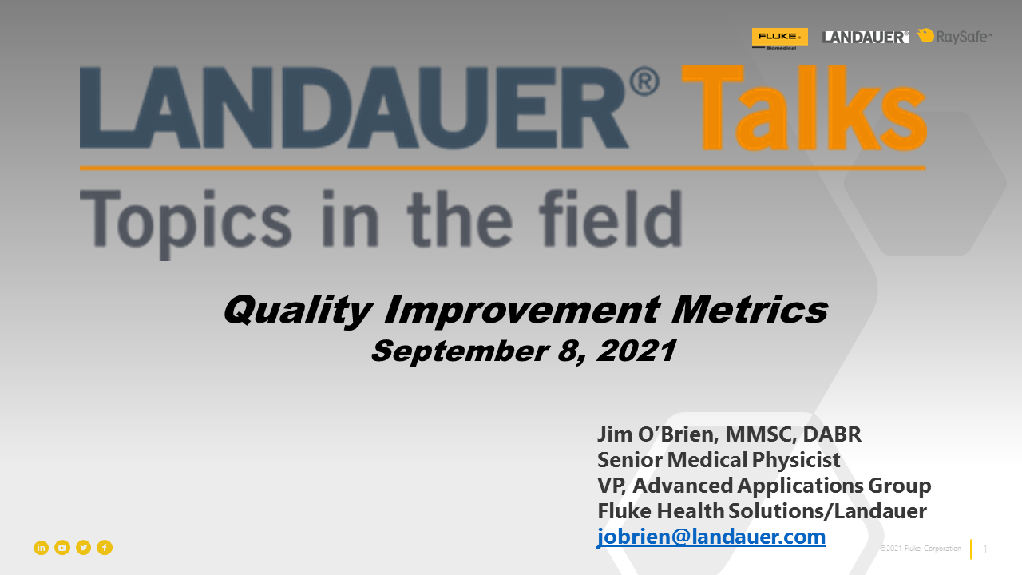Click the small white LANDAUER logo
pyautogui.click(x=865, y=37)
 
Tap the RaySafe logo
pyautogui.click(x=954, y=36)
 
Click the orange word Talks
pyautogui.click(x=804, y=108)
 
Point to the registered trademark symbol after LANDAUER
pyautogui.click(x=644, y=81)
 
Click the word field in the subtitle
pyautogui.click(x=611, y=219)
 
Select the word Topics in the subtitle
pyautogui.click(x=186, y=224)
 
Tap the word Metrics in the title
pyautogui.click(x=750, y=309)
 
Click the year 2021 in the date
pyautogui.click(x=636, y=351)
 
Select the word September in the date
pyautogui.click(x=460, y=351)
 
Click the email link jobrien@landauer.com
pyautogui.click(x=711, y=537)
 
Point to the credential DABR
pyautogui.click(x=832, y=434)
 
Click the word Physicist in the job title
pyautogui.click(x=796, y=460)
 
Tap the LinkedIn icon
pyautogui.click(x=41, y=548)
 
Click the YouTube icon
pyautogui.click(x=62, y=548)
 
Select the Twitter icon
pyautogui.click(x=84, y=548)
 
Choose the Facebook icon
pyautogui.click(x=105, y=548)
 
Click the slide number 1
pyautogui.click(x=985, y=549)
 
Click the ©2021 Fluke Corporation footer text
pyautogui.click(x=921, y=549)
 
